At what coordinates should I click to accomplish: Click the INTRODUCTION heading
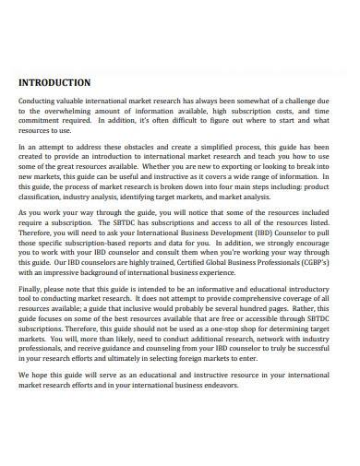pos(54,81)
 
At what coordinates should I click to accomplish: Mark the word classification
pos(46,197)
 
